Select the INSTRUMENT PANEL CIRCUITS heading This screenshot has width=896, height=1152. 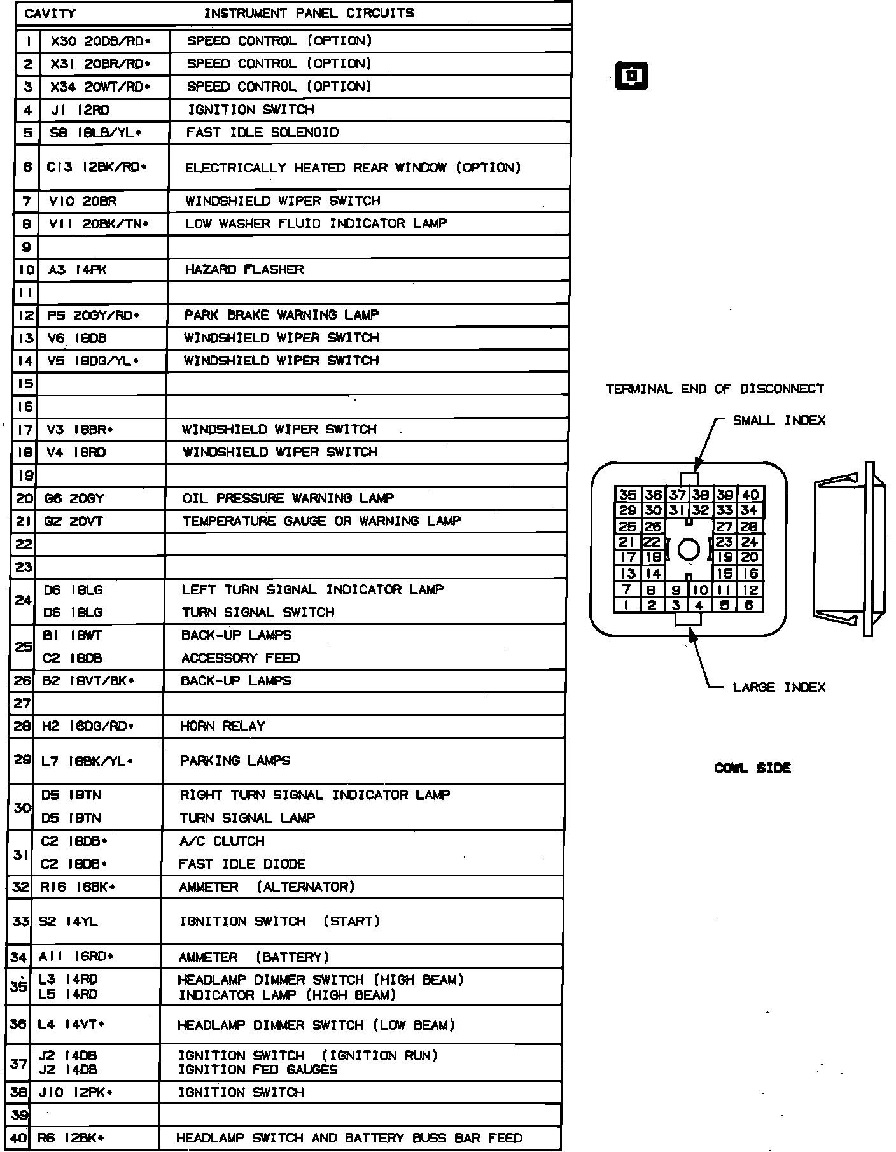point(309,13)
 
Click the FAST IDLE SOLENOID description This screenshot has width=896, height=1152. point(262,133)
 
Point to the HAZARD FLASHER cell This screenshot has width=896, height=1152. point(244,270)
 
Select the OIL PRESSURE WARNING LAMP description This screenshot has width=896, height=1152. point(288,498)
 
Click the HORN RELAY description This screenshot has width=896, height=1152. point(222,726)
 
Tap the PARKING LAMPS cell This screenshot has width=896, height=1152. point(235,761)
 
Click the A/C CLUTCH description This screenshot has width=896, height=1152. point(221,841)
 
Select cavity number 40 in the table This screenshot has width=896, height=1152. point(19,1139)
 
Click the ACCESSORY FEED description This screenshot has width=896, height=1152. point(241,658)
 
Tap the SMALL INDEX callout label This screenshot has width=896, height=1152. point(779,420)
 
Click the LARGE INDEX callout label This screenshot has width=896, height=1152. point(779,687)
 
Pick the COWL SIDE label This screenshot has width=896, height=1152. point(753,768)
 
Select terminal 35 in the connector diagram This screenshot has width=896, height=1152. point(627,495)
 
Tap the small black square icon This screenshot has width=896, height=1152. point(632,76)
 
